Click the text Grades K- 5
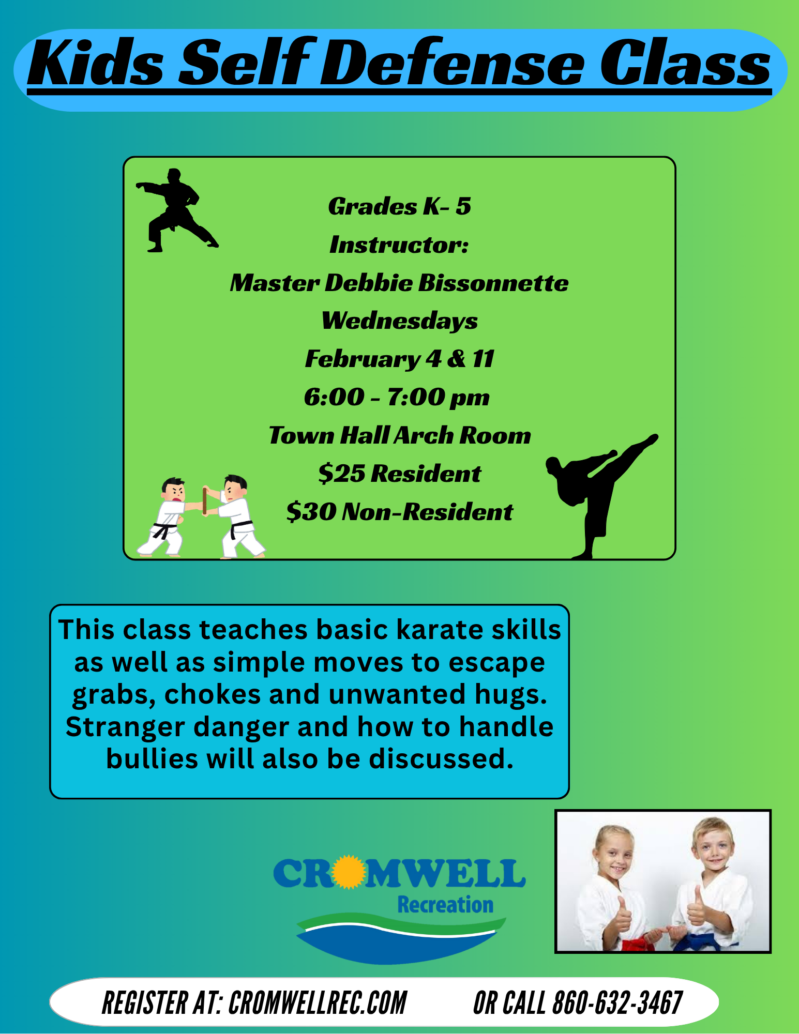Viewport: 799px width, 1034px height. tap(400, 206)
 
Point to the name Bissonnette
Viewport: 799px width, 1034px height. tap(493, 283)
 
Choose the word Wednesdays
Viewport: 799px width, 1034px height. tap(399, 321)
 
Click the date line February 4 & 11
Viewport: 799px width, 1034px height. tap(399, 359)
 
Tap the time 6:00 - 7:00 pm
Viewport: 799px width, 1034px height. tap(397, 397)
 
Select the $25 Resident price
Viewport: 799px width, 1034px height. tap(399, 473)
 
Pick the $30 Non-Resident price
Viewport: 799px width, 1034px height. tap(399, 511)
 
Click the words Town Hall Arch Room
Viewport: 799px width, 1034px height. tap(399, 435)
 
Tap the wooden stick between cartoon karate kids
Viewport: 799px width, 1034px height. tap(205, 500)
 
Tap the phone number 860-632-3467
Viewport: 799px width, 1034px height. tap(617, 1003)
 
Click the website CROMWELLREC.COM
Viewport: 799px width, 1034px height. tap(318, 1003)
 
